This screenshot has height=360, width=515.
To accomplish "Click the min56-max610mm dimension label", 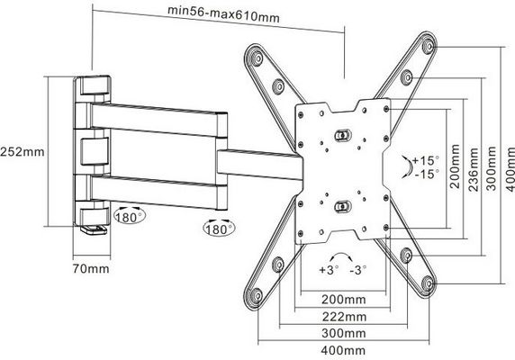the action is (x=223, y=14).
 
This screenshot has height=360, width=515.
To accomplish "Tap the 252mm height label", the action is (x=22, y=152).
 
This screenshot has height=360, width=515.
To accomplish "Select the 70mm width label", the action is (x=91, y=269).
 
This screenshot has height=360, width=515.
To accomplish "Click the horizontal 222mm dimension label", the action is (x=344, y=317).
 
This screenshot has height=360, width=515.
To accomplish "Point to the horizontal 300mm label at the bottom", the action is (x=344, y=333).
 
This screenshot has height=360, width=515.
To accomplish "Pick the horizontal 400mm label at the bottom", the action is (x=343, y=350).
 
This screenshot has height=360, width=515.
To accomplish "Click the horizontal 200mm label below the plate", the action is (x=344, y=300).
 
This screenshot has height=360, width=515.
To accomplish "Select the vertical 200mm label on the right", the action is (x=455, y=166).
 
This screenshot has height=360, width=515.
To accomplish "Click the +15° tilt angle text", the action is (x=426, y=160).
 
